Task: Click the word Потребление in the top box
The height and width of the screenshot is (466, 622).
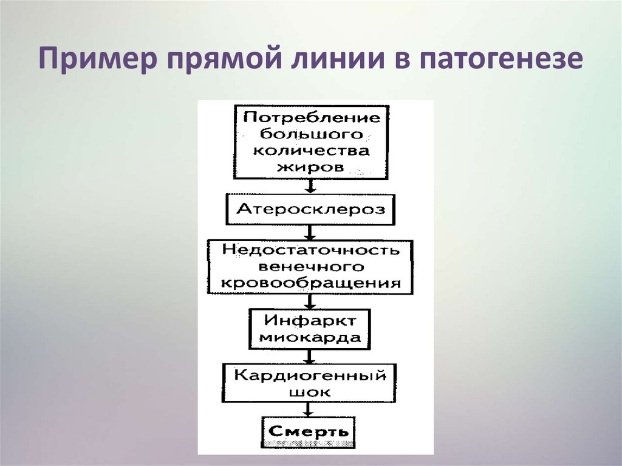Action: coord(312,117)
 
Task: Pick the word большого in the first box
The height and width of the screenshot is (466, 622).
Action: coord(312,133)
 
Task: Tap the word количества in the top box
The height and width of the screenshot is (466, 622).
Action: coord(312,149)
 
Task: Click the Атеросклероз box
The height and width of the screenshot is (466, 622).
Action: coord(310,210)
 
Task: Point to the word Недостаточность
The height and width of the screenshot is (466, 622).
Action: coord(310,250)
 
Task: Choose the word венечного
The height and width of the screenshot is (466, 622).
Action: coord(310,266)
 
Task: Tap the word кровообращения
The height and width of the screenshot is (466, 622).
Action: coord(310,283)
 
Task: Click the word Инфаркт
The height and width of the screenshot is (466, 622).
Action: coord(310,320)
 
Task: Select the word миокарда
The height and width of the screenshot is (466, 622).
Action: coord(310,337)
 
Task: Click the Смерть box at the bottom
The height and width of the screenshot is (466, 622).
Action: coord(309,432)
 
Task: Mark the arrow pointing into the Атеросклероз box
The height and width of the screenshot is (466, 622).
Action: coord(310,186)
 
